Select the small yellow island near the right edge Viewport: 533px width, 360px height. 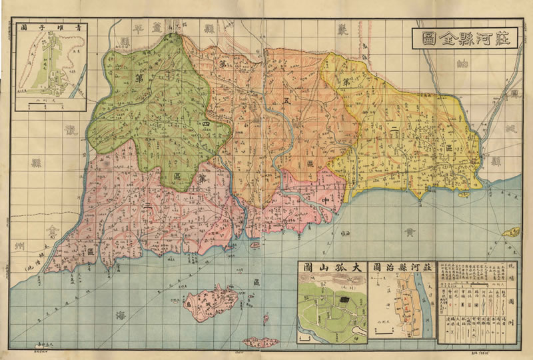pos(512,232)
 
